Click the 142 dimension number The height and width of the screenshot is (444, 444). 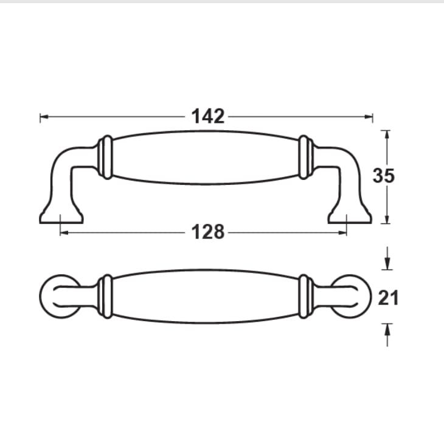[x=208, y=116]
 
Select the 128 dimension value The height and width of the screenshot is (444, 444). [x=208, y=232]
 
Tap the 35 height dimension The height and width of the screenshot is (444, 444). [x=384, y=176]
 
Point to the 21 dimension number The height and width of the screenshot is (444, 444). [x=388, y=298]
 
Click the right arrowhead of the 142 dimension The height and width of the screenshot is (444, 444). [x=369, y=116]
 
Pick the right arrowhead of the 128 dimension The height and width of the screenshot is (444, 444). [x=342, y=233]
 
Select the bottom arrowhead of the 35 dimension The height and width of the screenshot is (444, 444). [x=387, y=219]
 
